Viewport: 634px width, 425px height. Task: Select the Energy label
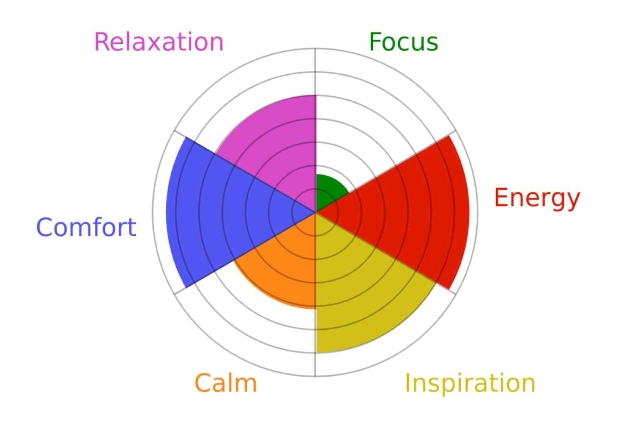(x=537, y=198)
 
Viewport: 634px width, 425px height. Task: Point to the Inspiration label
(x=470, y=383)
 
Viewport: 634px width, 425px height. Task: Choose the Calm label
(x=226, y=383)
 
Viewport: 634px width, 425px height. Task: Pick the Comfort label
(x=86, y=227)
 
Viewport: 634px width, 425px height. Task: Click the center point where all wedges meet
(x=315, y=212)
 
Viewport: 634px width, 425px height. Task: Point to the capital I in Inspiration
(x=408, y=383)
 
